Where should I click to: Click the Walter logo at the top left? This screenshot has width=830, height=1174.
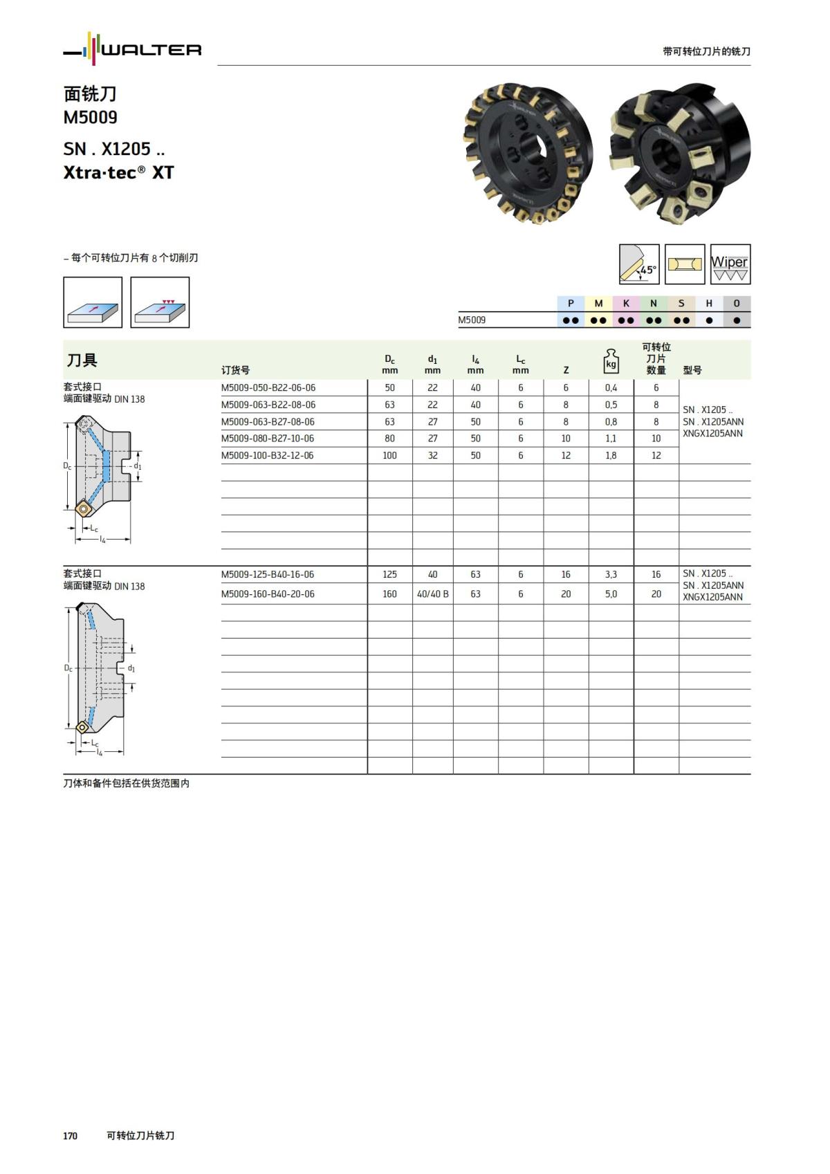pos(133,49)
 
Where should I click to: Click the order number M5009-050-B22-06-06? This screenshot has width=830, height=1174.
pos(268,388)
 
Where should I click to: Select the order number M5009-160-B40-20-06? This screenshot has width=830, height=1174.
pos(268,594)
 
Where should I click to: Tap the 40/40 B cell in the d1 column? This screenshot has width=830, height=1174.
pos(432,594)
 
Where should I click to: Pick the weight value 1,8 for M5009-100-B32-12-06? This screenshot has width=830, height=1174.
pos(611,456)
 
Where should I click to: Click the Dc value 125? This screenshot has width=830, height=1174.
pos(389,575)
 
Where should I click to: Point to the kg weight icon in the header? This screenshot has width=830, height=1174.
pos(611,360)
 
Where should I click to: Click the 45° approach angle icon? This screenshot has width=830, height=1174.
pos(638,264)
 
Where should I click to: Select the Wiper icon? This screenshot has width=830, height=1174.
pos(730,264)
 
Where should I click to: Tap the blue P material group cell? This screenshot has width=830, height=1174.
pos(571,303)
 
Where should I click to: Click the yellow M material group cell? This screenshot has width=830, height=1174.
pos(598,303)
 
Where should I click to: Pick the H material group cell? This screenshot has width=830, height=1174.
pos(709,303)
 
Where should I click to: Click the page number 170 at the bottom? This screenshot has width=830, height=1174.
pos(70,1136)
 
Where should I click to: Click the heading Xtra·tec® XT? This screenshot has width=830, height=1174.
pos(118,172)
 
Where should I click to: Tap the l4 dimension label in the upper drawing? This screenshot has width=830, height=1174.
pos(102,539)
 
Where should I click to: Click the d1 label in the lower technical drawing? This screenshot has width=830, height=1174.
pos(131,668)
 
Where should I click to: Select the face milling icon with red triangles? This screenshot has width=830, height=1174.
pos(160,302)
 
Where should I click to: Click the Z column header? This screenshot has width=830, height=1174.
pos(566,370)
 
